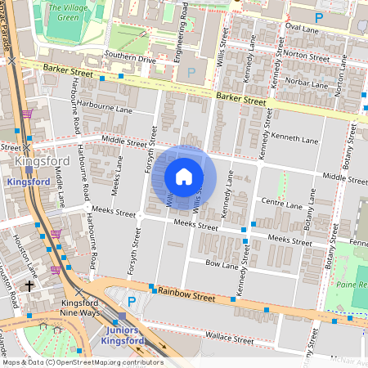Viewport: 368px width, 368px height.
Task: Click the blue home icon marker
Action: tap(184, 177)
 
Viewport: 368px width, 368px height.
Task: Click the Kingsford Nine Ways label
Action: tap(79, 308)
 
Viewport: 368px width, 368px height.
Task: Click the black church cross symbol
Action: tap(29, 286)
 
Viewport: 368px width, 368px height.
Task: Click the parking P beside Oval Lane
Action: tap(318, 16)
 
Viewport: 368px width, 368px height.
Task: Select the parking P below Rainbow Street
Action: tap(132, 302)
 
